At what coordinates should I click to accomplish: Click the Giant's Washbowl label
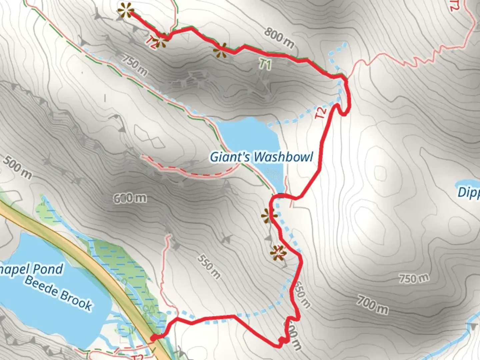261,157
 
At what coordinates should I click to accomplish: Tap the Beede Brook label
58,293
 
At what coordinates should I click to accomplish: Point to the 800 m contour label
279,37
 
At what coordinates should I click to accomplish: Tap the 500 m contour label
17,167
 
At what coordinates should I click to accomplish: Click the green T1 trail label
265,64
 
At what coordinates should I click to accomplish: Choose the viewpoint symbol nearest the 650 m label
278,253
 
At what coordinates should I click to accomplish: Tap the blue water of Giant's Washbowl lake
248,137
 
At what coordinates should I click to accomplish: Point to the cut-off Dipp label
468,192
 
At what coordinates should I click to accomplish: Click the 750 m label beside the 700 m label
414,278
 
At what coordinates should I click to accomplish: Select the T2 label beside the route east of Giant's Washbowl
321,113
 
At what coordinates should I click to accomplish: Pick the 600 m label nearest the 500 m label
130,198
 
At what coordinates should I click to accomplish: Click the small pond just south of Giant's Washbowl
274,175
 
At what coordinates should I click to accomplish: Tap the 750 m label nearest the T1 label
134,65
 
